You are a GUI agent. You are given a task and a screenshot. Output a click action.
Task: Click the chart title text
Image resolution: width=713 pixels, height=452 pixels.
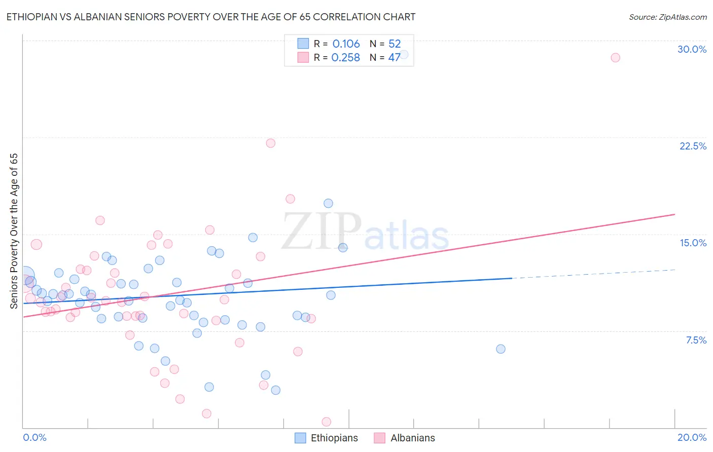[210, 17]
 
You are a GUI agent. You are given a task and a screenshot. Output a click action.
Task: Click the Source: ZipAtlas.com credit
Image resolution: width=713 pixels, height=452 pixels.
[667, 17]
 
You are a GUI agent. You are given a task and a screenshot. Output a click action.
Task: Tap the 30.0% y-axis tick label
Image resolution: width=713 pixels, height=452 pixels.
[692, 49]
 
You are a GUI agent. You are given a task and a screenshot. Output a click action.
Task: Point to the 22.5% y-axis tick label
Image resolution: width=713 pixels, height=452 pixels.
[693, 146]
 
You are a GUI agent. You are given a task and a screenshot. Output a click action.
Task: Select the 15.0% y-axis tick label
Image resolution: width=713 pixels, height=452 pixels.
[693, 243]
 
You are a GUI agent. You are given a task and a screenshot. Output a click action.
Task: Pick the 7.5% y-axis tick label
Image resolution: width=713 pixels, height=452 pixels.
[696, 340]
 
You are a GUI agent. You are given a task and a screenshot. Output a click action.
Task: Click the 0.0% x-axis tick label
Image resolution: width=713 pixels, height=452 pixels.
[34, 437]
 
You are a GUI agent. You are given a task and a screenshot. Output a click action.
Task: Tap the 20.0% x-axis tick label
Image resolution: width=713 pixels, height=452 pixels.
[692, 437]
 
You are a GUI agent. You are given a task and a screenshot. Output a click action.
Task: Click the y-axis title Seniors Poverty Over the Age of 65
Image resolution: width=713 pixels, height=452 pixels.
[14, 231]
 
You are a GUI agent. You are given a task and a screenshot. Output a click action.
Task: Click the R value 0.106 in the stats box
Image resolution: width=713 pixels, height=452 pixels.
[346, 44]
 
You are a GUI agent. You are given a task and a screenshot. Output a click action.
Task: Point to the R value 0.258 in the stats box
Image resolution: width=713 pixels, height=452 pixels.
[345, 58]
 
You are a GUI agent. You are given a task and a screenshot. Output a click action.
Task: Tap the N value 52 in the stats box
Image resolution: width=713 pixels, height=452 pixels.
[395, 44]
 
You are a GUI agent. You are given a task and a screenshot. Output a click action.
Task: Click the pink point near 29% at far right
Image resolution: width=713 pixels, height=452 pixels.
[615, 57]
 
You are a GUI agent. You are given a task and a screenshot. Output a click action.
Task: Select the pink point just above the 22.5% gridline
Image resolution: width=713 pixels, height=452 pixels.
[270, 143]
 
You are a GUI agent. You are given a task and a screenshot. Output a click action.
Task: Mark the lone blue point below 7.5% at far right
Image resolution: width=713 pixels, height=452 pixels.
[501, 349]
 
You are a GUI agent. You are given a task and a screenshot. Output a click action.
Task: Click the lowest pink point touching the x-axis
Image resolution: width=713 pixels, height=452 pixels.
[326, 422]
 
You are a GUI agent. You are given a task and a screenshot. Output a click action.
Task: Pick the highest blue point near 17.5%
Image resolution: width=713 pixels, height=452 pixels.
[328, 203]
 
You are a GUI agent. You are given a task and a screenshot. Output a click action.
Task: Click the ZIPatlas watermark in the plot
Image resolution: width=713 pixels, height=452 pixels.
[365, 233]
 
